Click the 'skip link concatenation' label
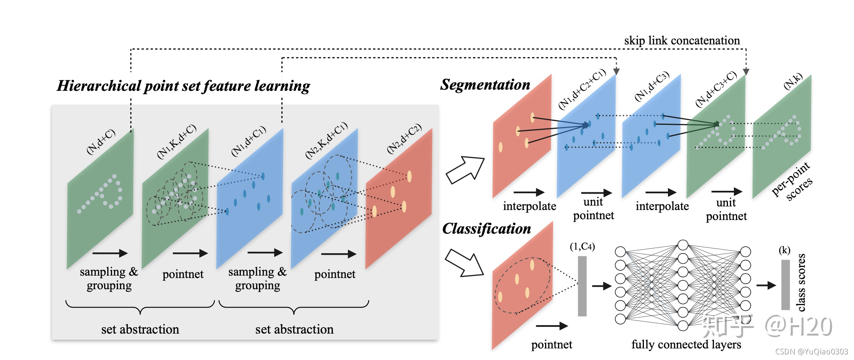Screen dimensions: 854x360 pos(682,40)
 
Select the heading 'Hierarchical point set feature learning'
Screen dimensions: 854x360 pos(183,86)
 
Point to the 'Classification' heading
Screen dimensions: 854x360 pos(487,228)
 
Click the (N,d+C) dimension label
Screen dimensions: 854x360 pos(101,141)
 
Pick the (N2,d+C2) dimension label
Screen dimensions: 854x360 pos(404,138)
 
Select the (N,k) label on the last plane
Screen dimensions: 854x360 pos(793,81)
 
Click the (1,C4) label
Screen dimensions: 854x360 pos(582,246)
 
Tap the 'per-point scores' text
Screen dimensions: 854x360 pos(792,181)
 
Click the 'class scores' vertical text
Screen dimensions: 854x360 pos(801,282)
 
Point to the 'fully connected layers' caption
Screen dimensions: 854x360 pos(686,344)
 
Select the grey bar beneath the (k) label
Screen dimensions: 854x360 pos(786,284)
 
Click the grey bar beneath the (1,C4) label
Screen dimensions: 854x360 pos(582,286)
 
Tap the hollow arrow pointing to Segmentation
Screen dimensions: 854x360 pos(465,170)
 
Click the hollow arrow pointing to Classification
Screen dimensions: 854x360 pos(465,263)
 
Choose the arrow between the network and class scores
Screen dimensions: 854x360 pos(766,285)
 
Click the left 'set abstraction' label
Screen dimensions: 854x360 pos(140,329)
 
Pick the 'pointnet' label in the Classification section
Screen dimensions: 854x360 pos(551,344)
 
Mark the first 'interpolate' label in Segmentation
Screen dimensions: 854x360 pos(529,206)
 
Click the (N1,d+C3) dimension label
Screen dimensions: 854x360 pos(652,86)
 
